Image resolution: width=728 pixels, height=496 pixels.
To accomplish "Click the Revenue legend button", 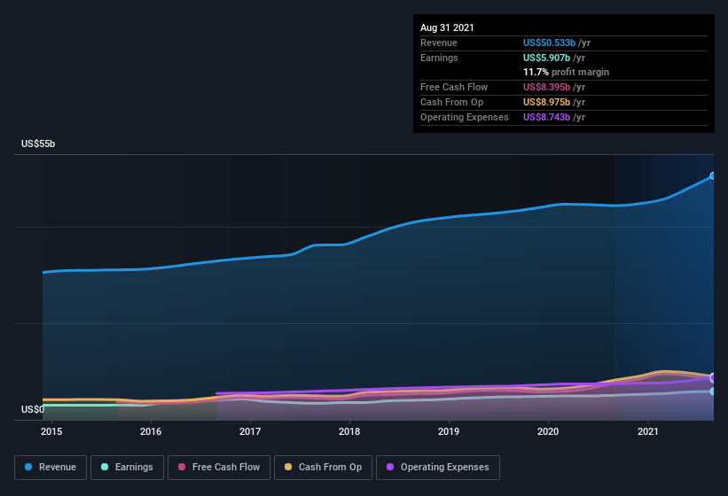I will coord(51,467).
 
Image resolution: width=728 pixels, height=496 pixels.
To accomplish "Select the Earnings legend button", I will coord(127,467).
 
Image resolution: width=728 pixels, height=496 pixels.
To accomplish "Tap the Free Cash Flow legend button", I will coord(219,467).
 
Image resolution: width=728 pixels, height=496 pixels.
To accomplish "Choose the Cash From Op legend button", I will coord(323,467).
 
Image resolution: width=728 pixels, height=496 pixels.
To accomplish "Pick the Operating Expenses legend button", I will coord(437,467).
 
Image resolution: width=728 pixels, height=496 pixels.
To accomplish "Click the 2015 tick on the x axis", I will coord(51,432).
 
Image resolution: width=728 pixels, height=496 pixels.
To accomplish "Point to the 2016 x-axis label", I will coord(151,432).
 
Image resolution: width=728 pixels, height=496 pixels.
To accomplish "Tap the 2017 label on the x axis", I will coord(250,432).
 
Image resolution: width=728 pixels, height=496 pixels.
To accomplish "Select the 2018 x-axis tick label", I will coord(349,432).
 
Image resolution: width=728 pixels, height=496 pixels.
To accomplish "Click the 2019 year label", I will coord(449,432).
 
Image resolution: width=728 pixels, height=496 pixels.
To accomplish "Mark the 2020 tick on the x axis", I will coord(548,432).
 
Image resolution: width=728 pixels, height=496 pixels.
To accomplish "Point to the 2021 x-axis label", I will coord(648,432).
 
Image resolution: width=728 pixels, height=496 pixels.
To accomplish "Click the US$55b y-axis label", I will coord(39,143).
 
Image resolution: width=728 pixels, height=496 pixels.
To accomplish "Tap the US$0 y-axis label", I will coord(33,409).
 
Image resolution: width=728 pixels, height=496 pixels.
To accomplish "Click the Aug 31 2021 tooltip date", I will coord(447,27).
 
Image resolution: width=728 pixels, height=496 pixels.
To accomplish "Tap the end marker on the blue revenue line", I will coord(713,176).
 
